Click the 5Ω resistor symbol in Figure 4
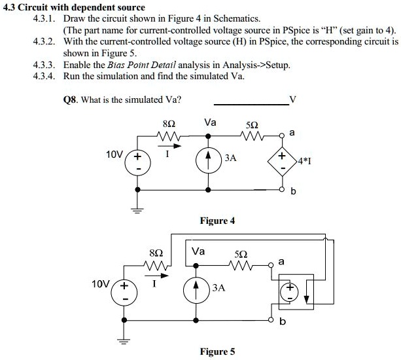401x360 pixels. [x=251, y=137]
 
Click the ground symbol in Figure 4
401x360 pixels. [x=138, y=210]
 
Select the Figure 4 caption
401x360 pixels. [x=218, y=221]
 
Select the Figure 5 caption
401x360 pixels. [x=218, y=352]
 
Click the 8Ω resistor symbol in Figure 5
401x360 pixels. [x=158, y=266]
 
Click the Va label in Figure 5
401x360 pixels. [x=198, y=251]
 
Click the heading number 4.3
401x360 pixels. [x=10, y=7]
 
